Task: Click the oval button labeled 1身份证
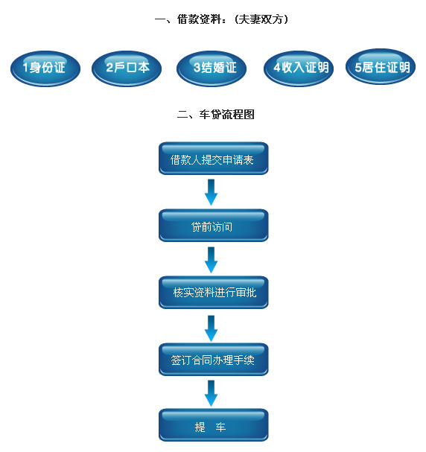pyautogui.click(x=44, y=69)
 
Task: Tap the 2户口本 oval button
pyautogui.click(x=127, y=69)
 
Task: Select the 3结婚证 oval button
pyautogui.click(x=212, y=69)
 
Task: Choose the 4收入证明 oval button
pyautogui.click(x=298, y=69)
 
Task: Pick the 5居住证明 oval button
pyautogui.click(x=381, y=68)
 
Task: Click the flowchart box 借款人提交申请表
pyautogui.click(x=213, y=159)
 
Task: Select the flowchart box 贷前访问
pyautogui.click(x=213, y=226)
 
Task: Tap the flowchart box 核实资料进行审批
pyautogui.click(x=213, y=293)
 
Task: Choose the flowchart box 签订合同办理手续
pyautogui.click(x=213, y=360)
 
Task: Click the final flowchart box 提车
pyautogui.click(x=213, y=426)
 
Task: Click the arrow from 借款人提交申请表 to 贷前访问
pyautogui.click(x=212, y=192)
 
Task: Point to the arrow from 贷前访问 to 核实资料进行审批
pyautogui.click(x=212, y=259)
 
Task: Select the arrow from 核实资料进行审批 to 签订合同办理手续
pyautogui.click(x=212, y=327)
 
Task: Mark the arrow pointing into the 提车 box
pyautogui.click(x=212, y=393)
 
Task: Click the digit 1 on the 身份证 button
pyautogui.click(x=25, y=69)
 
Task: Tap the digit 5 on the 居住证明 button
pyautogui.click(x=358, y=68)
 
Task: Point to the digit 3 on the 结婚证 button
pyautogui.click(x=197, y=69)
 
